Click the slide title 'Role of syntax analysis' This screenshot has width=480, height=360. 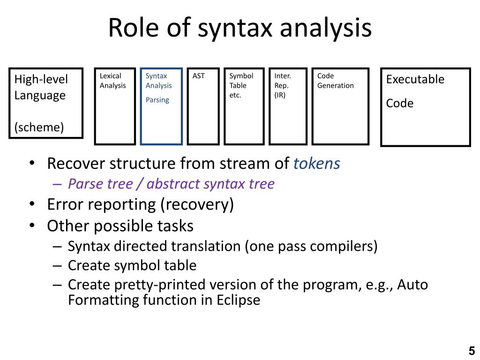tap(240, 28)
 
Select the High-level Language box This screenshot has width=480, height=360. tap(46, 103)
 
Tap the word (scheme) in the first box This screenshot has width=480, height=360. tap(39, 127)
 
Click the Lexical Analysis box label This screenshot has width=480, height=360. tap(112, 81)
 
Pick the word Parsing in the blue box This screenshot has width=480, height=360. tap(157, 100)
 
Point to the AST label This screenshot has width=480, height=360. tap(199, 76)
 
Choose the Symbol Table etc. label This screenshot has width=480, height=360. tap(241, 85)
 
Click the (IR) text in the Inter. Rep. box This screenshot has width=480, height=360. tap(280, 95)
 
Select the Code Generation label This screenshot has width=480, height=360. tap(335, 81)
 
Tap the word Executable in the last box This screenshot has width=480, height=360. tap(415, 79)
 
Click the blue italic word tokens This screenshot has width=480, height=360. tap(317, 164)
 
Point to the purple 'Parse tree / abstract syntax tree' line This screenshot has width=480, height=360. tap(171, 184)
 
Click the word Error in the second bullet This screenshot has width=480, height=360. tap(65, 204)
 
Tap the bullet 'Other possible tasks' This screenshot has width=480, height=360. tap(120, 226)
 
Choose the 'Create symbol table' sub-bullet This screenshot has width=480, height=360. tap(132, 265)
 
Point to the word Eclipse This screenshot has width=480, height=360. tap(238, 300)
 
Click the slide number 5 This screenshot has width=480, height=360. tap(472, 351)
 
